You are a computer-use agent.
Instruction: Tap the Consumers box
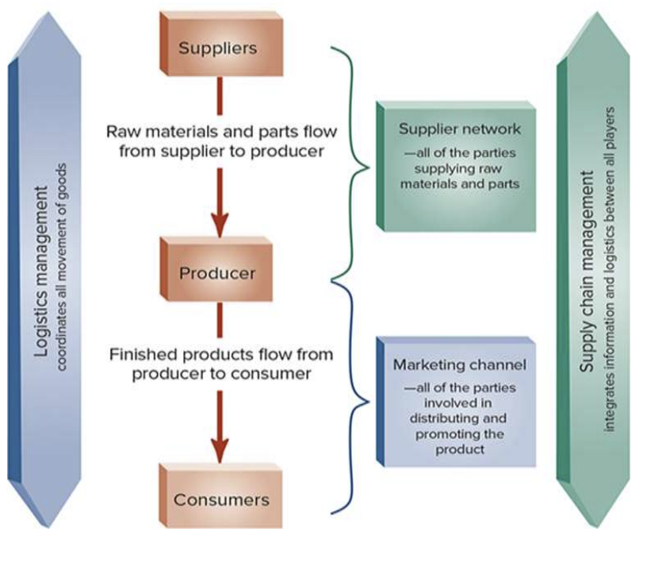(x=221, y=499)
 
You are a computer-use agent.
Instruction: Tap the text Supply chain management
(x=588, y=271)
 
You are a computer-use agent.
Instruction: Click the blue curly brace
(x=354, y=397)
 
